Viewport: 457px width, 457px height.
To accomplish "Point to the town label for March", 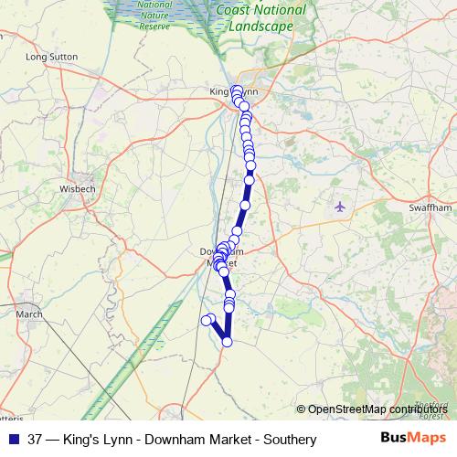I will coord(29,314).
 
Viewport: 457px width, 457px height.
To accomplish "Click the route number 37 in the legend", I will coord(35,440).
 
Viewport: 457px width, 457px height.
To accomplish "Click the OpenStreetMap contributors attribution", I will coord(377,409).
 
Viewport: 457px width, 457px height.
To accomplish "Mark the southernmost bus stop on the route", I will coord(227,342).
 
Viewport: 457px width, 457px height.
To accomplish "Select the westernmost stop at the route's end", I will coord(206,320).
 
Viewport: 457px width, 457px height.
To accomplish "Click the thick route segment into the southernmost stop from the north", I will coord(227,324).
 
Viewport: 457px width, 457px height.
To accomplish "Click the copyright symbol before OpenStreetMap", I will coord(302,409).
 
